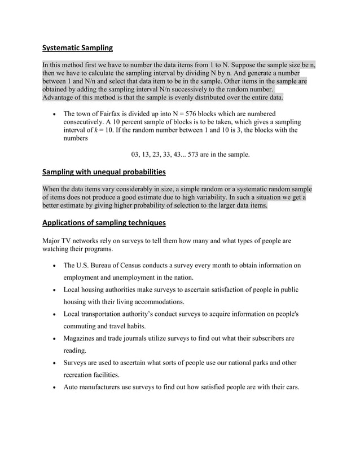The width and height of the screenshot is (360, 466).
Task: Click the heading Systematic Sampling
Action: click(x=77, y=48)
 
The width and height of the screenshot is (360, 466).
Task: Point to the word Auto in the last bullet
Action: click(x=72, y=387)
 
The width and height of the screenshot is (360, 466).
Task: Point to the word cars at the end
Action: click(x=289, y=387)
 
